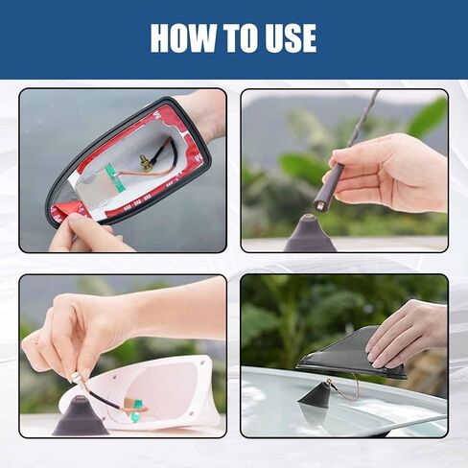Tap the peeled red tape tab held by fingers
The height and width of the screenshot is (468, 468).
click(x=65, y=211)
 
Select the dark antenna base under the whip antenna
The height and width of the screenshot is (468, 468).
click(x=309, y=233)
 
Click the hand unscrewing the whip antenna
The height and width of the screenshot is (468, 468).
click(x=390, y=175)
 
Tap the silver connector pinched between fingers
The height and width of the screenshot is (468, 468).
click(x=75, y=378)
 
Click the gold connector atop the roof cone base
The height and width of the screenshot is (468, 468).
click(x=330, y=382)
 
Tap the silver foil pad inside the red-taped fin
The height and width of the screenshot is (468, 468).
click(x=95, y=189)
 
